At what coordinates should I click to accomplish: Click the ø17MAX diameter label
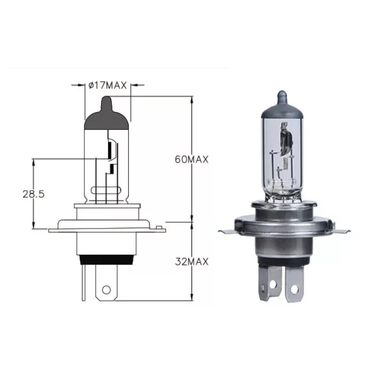tap(107, 84)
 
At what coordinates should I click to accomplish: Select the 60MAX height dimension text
tap(191, 159)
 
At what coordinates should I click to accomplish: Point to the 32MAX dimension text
tap(191, 262)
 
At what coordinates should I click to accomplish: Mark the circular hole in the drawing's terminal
tap(106, 290)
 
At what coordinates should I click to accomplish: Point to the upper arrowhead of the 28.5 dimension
tap(34, 161)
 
